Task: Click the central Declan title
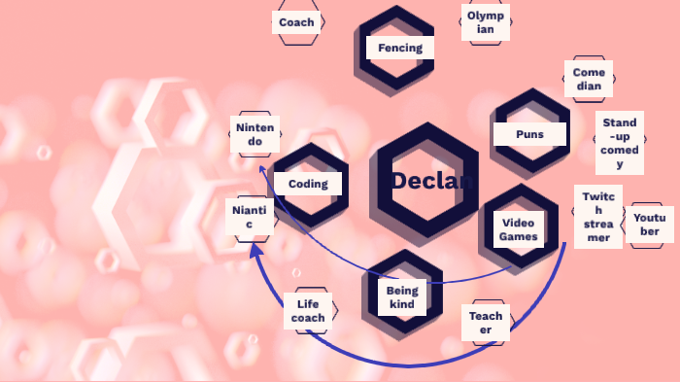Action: tap(432, 181)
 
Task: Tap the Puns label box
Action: tap(529, 134)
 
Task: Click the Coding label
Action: tap(308, 183)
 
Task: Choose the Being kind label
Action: tap(401, 297)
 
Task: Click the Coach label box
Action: tap(295, 22)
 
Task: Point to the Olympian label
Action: tap(485, 22)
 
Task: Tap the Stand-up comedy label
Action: tap(619, 144)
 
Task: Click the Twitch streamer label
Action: tap(597, 216)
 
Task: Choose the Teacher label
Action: tap(486, 323)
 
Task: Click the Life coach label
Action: tap(309, 311)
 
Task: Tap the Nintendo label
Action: tap(255, 134)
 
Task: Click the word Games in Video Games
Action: tap(519, 236)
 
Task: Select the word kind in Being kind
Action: tap(401, 304)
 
